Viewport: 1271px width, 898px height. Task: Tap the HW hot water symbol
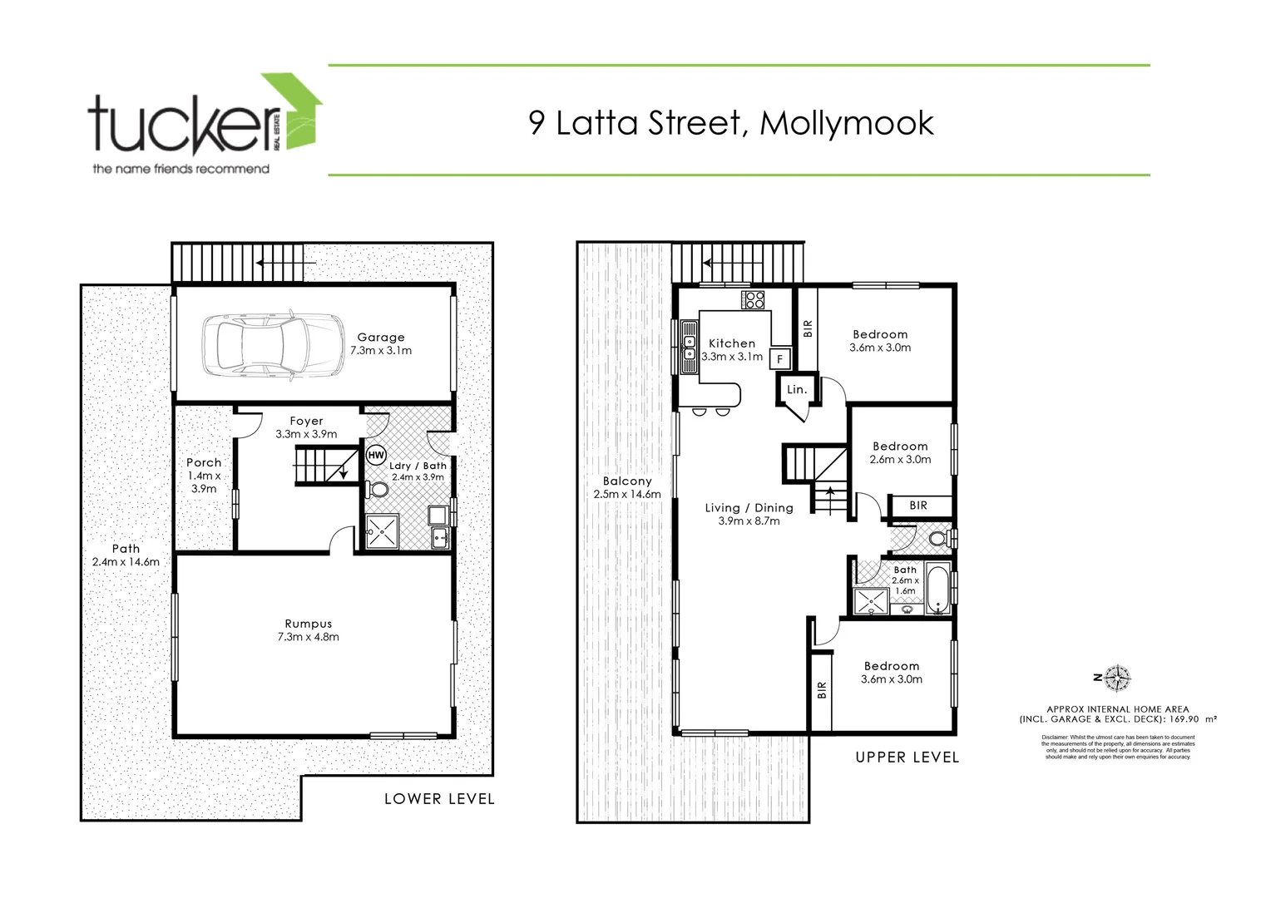[x=376, y=456]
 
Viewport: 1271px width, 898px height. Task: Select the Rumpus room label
[x=308, y=630]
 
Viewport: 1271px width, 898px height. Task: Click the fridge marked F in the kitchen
[x=779, y=359]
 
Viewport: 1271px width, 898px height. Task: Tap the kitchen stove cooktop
[x=754, y=299]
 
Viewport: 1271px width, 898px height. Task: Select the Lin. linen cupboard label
[x=796, y=389]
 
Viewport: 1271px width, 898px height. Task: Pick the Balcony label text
[x=627, y=487]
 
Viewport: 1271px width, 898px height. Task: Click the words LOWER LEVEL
[x=439, y=799]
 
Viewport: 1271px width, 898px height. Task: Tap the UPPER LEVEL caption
[x=907, y=757]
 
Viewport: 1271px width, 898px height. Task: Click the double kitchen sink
[x=689, y=347]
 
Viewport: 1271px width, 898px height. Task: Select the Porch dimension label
[x=204, y=475]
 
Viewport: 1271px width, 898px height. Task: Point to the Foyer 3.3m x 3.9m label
[x=306, y=427]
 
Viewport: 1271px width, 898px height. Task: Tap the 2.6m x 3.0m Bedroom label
[x=900, y=452]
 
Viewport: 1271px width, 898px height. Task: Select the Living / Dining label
[x=749, y=514]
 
